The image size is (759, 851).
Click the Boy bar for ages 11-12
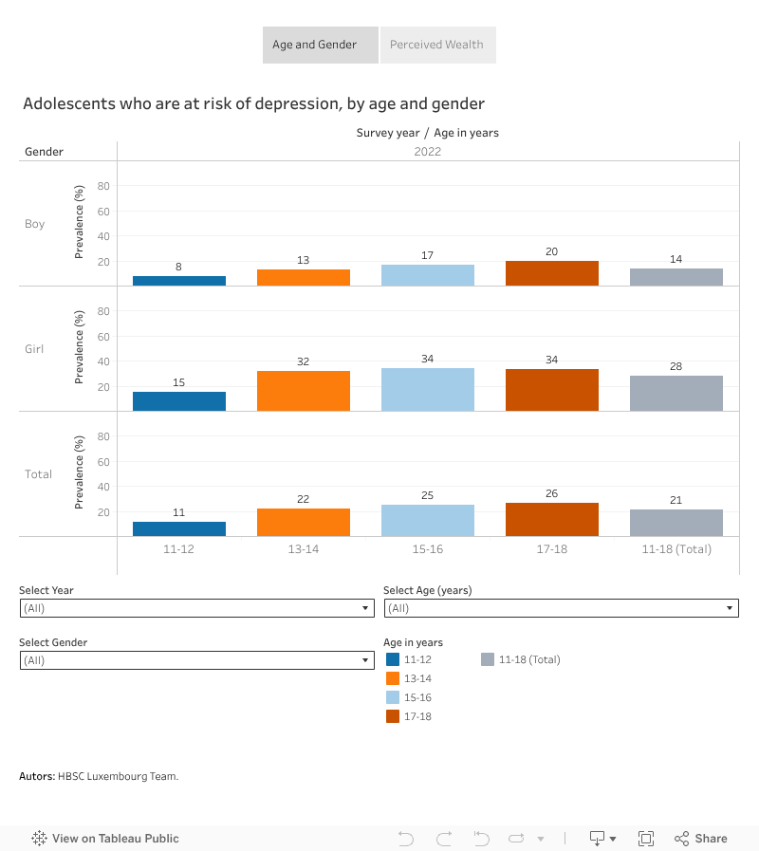(x=179, y=281)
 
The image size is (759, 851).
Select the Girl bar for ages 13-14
(x=304, y=391)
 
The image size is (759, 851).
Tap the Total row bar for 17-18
(x=552, y=520)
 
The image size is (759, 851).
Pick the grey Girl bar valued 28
(x=676, y=393)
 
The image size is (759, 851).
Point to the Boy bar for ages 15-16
(x=428, y=275)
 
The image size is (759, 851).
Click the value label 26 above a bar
(x=552, y=492)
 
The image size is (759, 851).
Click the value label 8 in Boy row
(x=178, y=267)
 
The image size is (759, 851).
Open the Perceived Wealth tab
(x=437, y=45)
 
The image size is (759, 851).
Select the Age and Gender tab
(x=315, y=45)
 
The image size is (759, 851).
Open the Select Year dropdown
(x=196, y=608)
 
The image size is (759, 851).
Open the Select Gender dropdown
(x=196, y=660)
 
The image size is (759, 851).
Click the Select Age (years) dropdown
(x=561, y=608)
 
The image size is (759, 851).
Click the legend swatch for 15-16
(x=393, y=697)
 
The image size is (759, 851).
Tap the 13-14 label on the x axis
(x=304, y=549)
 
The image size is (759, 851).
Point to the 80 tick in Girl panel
(x=103, y=311)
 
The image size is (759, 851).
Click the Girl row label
(x=34, y=349)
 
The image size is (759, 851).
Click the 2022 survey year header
(x=428, y=152)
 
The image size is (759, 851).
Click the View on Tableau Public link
(x=105, y=838)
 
